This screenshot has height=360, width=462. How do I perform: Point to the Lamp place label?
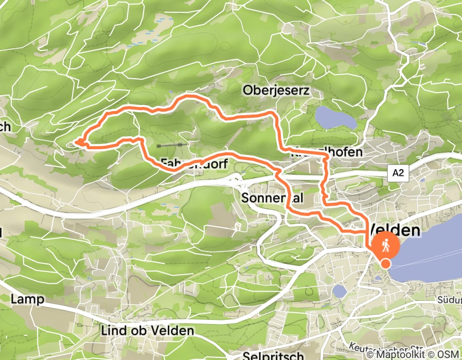28,299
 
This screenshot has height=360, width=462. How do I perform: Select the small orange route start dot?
386,264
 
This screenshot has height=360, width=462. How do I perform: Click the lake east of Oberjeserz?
335,119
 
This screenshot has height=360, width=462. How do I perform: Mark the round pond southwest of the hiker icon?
340,291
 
